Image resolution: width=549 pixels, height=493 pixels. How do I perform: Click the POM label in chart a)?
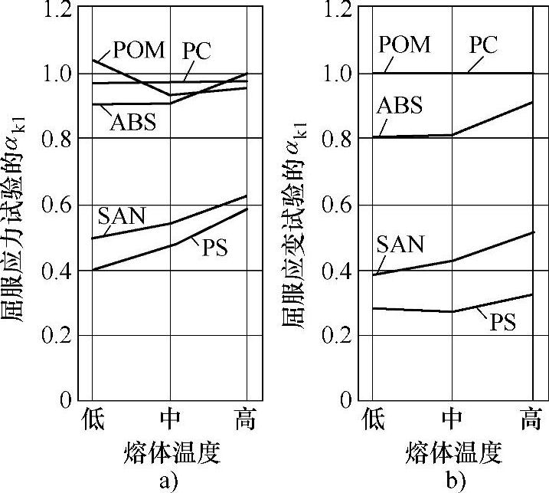139,51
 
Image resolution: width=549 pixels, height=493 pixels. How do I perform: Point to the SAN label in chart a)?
121,215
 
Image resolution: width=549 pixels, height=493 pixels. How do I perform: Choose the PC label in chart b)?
483,45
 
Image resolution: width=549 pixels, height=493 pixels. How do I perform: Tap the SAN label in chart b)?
400,245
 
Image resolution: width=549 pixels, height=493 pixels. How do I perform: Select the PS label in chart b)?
502,321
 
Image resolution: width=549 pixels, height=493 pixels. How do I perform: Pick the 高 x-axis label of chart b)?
531,420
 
